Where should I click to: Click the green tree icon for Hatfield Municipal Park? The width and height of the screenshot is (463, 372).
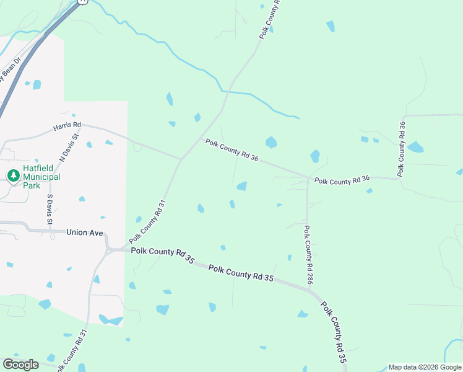(x=13, y=176)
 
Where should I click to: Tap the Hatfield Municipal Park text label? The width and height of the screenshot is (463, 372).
(x=41, y=177)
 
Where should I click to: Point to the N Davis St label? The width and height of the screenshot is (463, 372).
(x=69, y=147)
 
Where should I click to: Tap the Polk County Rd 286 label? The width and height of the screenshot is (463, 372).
(x=308, y=255)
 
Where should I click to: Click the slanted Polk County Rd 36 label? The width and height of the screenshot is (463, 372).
(x=231, y=151)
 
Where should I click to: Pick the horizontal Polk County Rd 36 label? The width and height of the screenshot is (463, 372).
(x=342, y=180)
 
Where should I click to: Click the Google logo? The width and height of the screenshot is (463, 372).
(x=20, y=365)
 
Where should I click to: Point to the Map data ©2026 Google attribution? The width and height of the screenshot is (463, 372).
(x=425, y=367)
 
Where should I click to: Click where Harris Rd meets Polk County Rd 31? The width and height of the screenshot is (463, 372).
(x=181, y=159)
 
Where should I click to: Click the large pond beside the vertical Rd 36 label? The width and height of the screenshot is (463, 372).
(x=415, y=148)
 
